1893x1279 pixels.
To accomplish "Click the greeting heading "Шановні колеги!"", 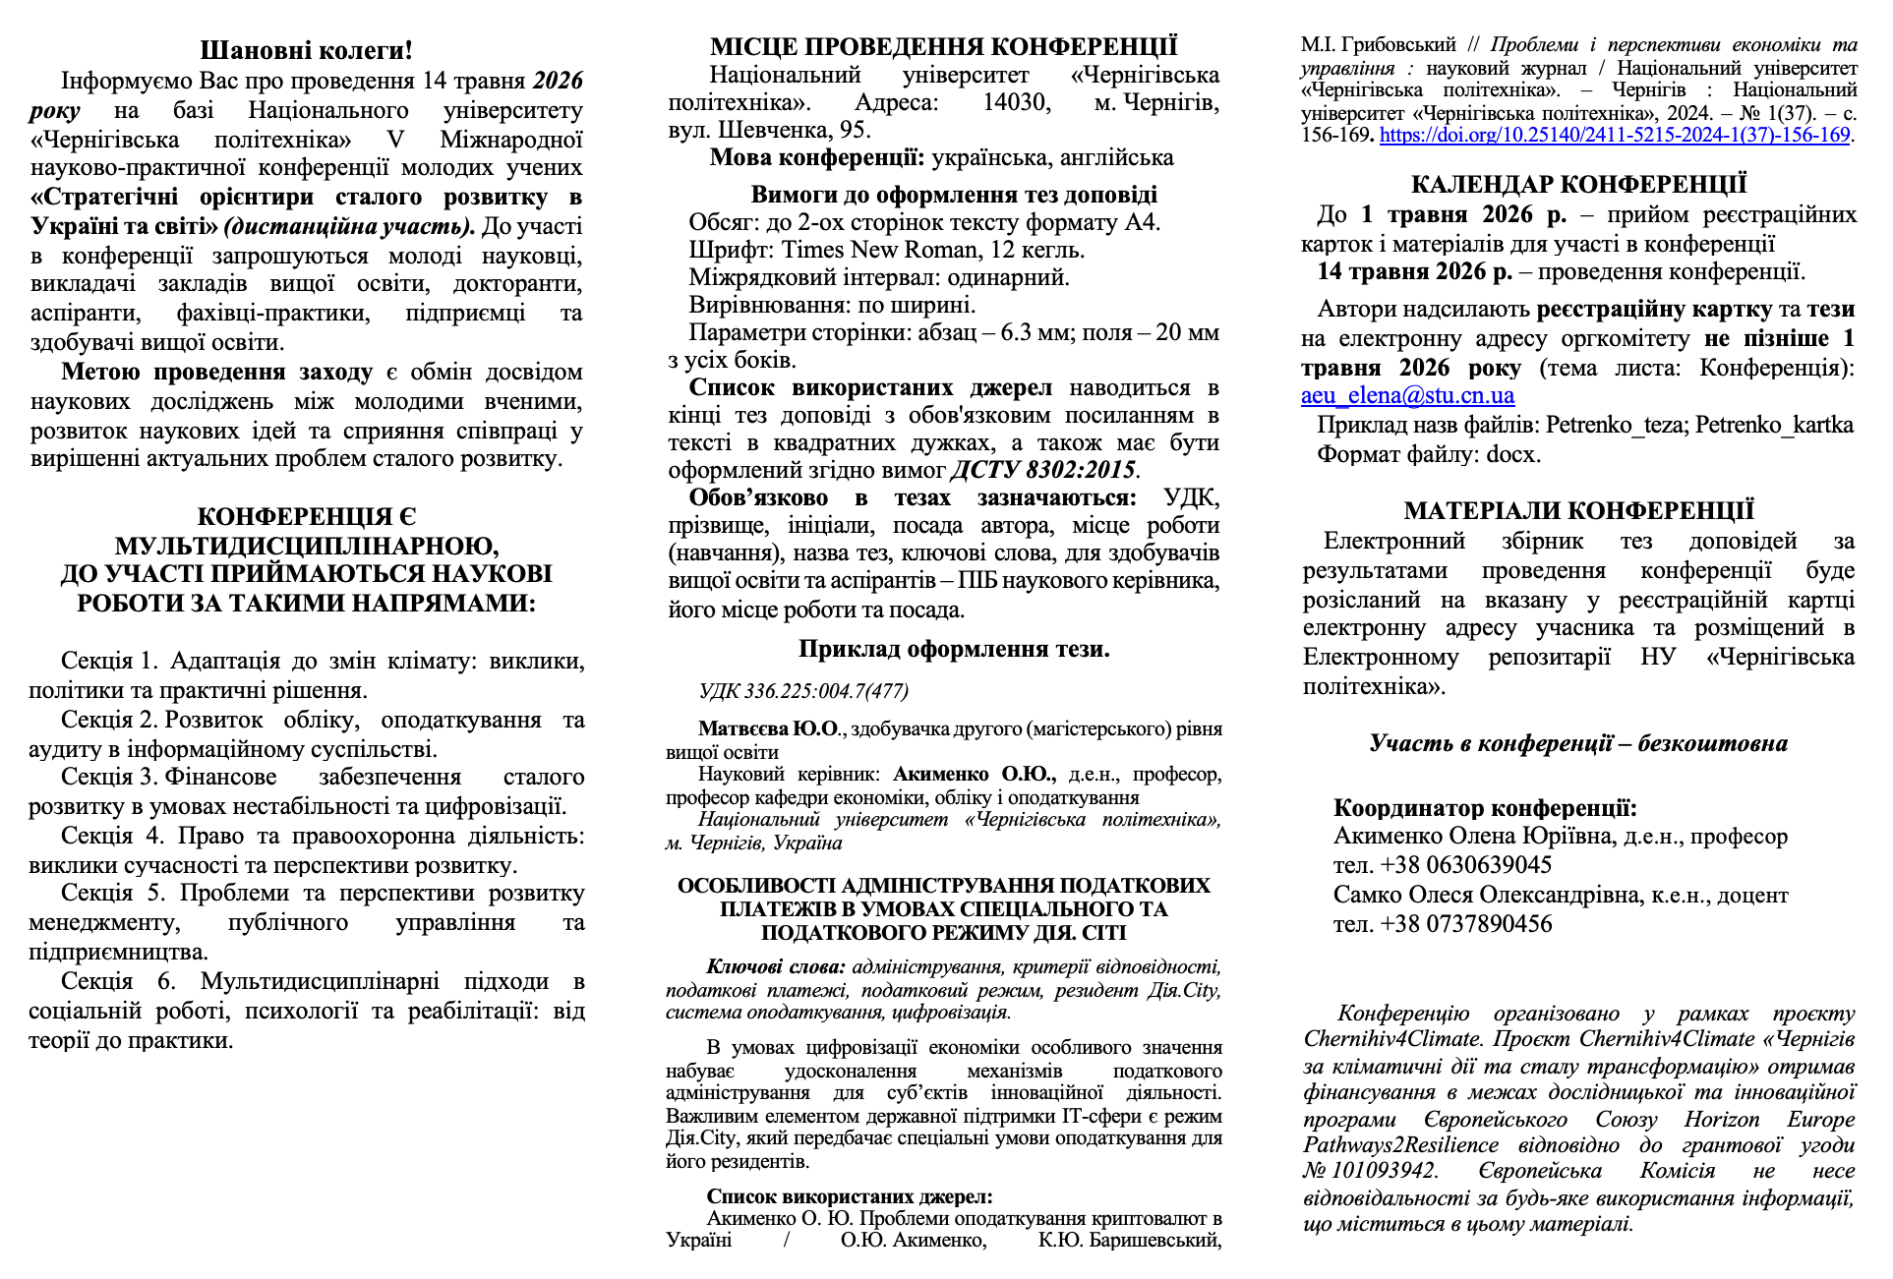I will [306, 50].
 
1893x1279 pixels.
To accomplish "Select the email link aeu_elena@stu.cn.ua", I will [1407, 396].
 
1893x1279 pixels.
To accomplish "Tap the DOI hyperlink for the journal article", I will [1614, 136].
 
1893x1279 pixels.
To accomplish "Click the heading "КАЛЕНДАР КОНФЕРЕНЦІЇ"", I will [1578, 185].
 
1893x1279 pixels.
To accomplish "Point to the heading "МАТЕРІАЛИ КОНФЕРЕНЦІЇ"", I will [1578, 511].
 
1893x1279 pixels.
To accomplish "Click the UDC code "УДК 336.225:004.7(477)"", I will [803, 691].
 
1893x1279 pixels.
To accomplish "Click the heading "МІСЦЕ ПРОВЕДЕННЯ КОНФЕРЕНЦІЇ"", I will [943, 47].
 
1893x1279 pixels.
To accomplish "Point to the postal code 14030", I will [1017, 102].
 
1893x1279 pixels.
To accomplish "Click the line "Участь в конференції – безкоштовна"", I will [1578, 744].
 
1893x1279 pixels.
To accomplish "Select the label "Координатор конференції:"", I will [1485, 809].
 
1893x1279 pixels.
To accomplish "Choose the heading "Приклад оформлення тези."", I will [953, 649].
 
